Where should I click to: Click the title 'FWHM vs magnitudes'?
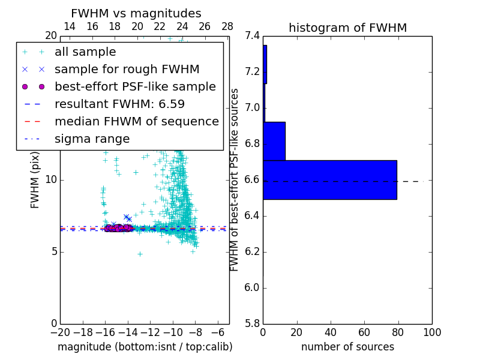click(x=136, y=13)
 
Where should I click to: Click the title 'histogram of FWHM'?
click(x=347, y=28)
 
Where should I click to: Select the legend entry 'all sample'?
click(x=85, y=52)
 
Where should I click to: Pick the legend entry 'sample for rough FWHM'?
click(x=127, y=69)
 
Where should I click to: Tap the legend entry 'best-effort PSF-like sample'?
click(x=135, y=86)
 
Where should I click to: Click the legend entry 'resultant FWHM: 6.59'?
click(x=119, y=104)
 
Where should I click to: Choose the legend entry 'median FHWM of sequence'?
click(x=136, y=121)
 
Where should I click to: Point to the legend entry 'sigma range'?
click(x=92, y=139)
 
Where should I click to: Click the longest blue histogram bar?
click(x=330, y=179)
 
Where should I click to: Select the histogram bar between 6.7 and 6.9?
click(x=274, y=141)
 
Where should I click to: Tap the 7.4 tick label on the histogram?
click(x=253, y=36)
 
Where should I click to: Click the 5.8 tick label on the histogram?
click(x=253, y=323)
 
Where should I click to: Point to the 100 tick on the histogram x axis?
click(x=432, y=332)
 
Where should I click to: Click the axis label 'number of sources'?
click(x=347, y=347)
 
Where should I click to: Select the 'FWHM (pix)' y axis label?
click(x=35, y=180)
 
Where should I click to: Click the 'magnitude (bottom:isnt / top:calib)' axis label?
click(x=145, y=347)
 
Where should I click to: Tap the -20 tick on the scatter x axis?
click(x=60, y=332)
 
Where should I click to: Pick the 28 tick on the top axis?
click(x=227, y=26)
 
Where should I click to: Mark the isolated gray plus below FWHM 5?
click(x=140, y=254)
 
